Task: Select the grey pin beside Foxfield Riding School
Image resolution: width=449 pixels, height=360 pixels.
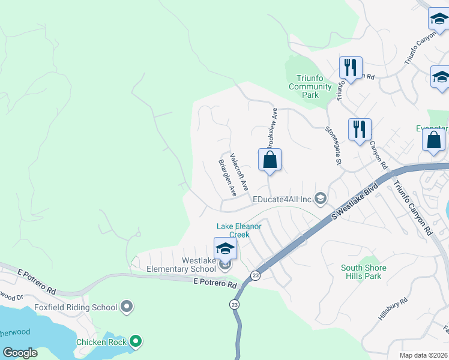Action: coord(127,307)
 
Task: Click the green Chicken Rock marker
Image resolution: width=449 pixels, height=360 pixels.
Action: coord(136,342)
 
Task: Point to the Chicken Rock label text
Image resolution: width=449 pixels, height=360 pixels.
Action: coord(101,342)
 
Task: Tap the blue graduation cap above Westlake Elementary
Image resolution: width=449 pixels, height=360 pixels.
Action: coord(225,248)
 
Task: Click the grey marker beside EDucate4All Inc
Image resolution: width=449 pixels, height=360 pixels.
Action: coord(321,199)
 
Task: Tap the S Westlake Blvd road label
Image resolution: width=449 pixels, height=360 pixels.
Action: coord(355,201)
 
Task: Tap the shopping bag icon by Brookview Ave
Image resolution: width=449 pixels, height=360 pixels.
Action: coord(270,160)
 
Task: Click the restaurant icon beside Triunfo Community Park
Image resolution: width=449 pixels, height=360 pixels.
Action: coord(351,68)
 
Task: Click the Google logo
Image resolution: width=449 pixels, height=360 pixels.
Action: coord(20,352)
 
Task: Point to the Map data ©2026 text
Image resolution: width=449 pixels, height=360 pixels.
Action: coord(423,355)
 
